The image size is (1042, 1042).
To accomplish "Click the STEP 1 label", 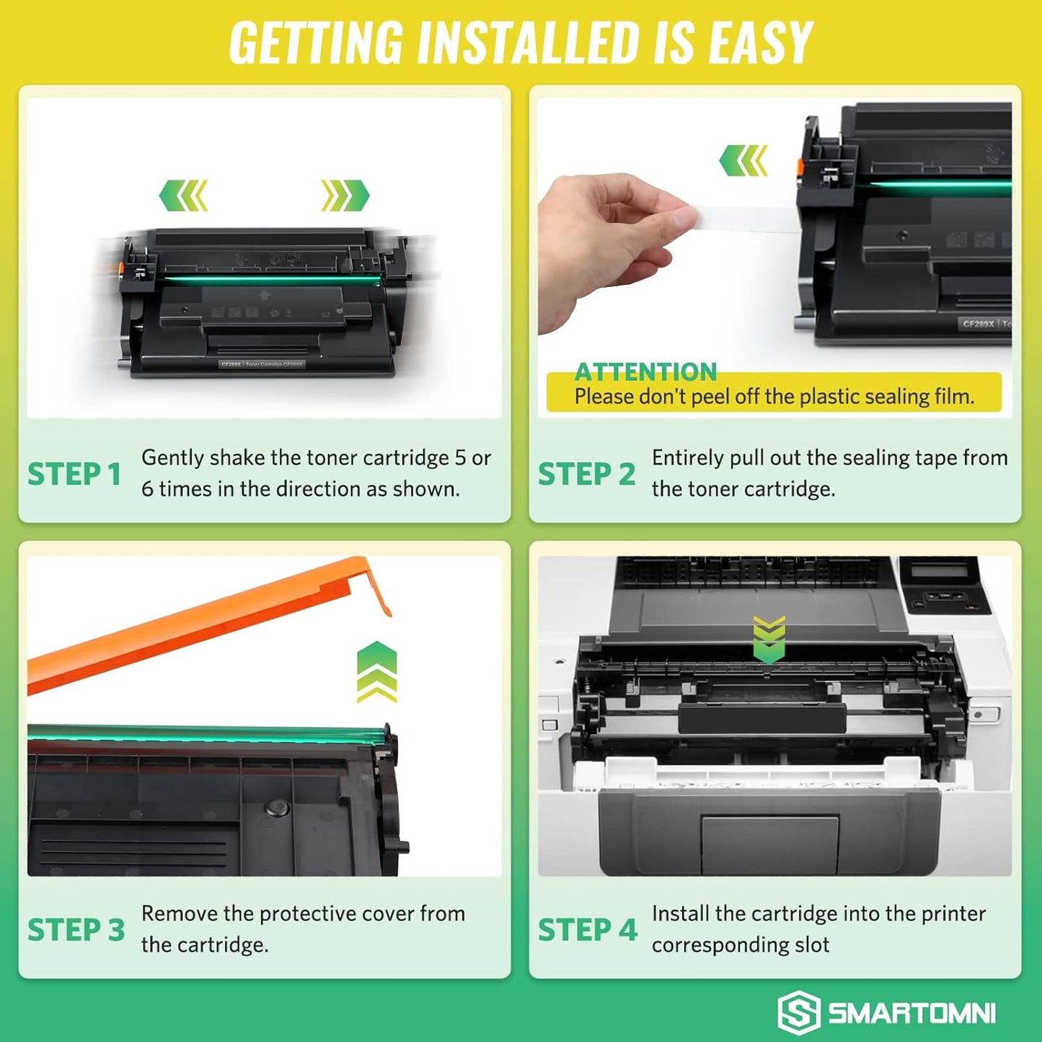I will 74,474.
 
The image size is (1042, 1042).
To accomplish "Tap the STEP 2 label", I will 586,474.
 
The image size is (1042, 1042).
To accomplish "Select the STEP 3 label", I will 76,930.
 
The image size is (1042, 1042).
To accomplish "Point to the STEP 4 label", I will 587,930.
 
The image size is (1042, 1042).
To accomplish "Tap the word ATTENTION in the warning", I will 645,372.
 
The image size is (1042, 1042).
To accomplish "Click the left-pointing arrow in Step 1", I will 183,195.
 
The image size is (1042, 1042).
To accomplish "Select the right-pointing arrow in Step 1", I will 345,195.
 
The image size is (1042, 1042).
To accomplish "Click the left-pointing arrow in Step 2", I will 743,160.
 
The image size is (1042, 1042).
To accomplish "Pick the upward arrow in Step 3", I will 376,671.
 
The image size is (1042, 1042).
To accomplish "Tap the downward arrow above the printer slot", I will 769,639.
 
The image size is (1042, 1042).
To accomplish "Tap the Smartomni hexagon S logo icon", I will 798,1012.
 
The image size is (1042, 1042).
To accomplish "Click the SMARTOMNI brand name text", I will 911,1013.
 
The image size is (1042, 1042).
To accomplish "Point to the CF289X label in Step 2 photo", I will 978,324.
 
